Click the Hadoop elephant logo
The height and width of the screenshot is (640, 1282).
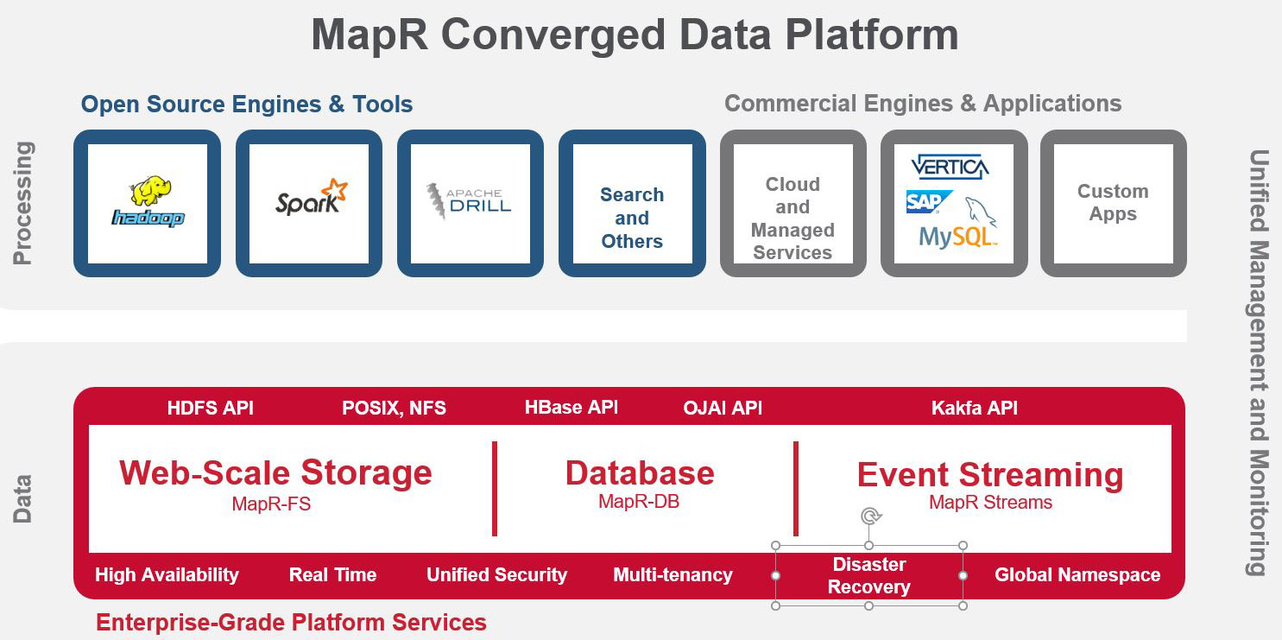(148, 201)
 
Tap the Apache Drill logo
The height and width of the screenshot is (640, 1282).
(469, 201)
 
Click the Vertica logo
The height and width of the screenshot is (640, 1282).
(950, 167)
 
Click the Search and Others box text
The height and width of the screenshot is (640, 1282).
(632, 218)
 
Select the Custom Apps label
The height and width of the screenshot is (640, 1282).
(1113, 202)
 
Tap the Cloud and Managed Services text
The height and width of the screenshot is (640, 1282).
(793, 219)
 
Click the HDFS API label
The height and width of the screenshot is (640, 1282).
(210, 408)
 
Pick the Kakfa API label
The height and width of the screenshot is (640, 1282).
(974, 408)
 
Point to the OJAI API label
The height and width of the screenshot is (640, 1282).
(723, 408)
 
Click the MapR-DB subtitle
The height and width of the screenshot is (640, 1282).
(639, 502)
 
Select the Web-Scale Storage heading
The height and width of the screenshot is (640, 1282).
(275, 472)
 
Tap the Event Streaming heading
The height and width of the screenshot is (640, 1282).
(990, 475)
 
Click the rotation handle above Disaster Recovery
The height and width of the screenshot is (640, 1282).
(870, 516)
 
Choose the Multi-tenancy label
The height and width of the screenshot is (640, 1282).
(673, 574)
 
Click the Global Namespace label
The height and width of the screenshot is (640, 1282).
(1077, 574)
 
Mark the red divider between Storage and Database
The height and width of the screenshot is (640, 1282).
(495, 488)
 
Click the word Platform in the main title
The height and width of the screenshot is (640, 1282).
(872, 35)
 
